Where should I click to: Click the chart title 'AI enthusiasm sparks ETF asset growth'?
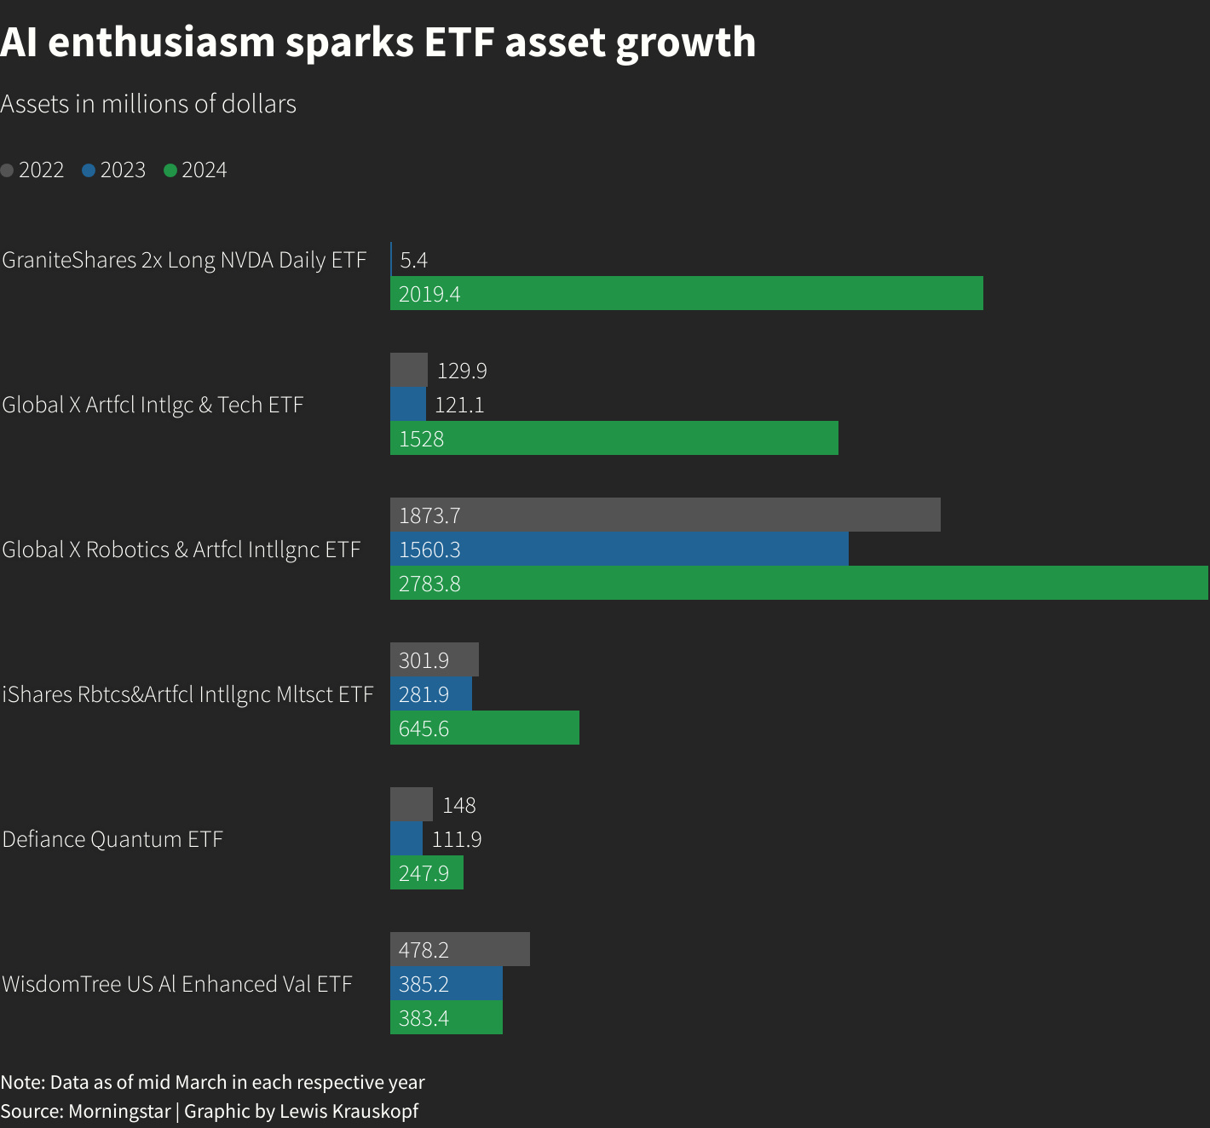378,43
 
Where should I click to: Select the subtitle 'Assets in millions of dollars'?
148,104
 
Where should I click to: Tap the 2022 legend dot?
8,170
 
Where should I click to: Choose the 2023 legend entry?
114,170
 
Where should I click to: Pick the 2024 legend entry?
196,170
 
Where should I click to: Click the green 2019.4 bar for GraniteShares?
686,293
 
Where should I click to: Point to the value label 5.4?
413,260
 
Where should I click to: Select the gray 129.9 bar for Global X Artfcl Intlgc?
409,370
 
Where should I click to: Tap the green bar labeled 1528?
614,438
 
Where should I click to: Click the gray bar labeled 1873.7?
665,515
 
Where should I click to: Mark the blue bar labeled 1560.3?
619,549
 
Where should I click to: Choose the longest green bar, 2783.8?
798,583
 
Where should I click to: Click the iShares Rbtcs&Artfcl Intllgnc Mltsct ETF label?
187,694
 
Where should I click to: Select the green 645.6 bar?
484,728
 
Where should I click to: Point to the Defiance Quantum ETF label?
112,839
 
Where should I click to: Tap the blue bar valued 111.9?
406,838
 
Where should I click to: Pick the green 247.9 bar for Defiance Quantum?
426,872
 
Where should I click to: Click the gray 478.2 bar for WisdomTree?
460,949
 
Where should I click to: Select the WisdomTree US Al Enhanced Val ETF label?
177,984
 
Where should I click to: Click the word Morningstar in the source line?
119,1111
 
